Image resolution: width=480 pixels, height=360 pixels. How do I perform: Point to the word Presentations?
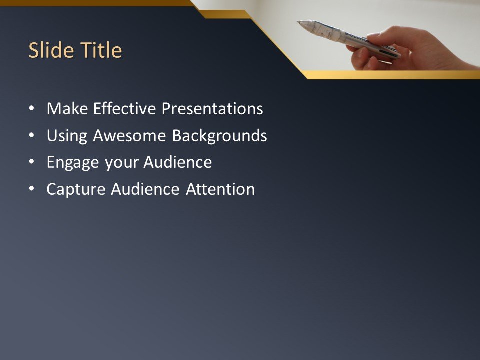212,109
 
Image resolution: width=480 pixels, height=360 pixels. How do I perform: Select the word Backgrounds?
220,136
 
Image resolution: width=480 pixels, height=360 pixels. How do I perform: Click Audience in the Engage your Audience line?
178,163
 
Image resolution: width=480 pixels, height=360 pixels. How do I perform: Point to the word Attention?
220,190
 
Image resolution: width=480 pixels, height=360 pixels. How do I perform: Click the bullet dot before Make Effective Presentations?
32,109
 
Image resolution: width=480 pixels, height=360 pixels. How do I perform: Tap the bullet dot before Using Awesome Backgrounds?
32,136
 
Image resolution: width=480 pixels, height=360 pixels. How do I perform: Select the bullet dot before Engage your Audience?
32,163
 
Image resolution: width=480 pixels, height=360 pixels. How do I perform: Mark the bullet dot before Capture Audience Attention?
32,190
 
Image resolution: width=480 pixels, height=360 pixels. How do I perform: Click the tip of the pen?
299,22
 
